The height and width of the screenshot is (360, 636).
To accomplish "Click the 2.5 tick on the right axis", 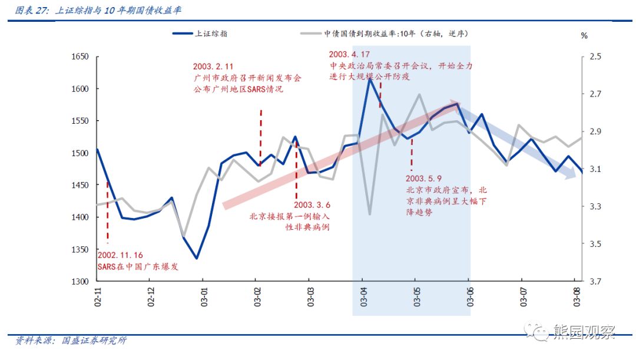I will [595, 57].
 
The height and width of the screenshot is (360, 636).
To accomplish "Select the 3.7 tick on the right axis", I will [595, 282].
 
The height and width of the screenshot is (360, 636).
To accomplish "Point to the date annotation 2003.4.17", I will [350, 54].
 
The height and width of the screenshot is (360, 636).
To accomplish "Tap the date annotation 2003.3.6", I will [312, 204].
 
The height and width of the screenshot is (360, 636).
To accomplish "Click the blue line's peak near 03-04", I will [369, 78].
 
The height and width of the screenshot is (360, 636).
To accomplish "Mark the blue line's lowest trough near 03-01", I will [197, 258].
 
